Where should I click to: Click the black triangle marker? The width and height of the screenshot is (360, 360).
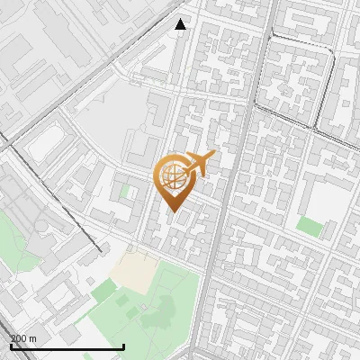click(x=181, y=24)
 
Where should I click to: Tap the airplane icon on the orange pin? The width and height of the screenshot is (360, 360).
click(x=200, y=163)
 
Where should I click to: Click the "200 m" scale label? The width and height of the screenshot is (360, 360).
click(x=23, y=338)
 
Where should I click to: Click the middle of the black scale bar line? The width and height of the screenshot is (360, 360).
click(x=67, y=346)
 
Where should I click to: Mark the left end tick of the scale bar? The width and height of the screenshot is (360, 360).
click(x=10, y=345)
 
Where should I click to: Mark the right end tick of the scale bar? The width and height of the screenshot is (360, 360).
click(x=123, y=345)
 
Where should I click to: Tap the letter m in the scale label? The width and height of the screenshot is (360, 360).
click(x=33, y=338)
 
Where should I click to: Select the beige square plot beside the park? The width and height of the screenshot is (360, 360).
click(x=136, y=267)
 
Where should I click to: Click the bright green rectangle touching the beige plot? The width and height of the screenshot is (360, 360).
click(x=104, y=290)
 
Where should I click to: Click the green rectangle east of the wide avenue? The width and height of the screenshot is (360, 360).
click(x=310, y=226)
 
